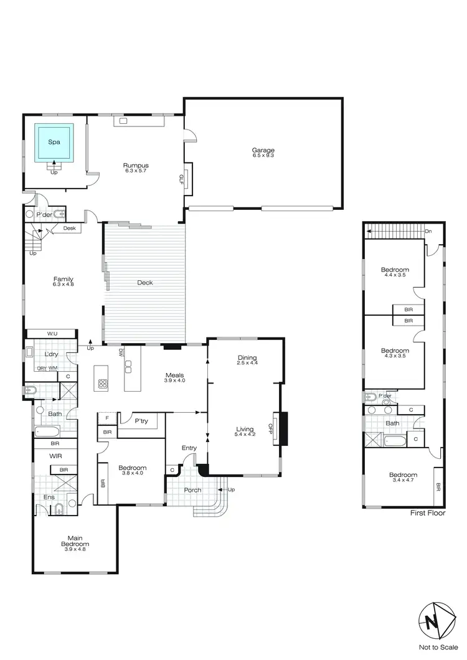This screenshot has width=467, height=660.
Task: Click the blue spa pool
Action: [x=54, y=143]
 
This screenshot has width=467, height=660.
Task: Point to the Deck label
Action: [x=144, y=283]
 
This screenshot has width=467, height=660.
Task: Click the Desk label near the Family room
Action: [x=70, y=229]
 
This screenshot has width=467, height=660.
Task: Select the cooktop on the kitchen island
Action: [x=101, y=384]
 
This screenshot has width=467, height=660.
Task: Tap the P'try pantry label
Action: [x=141, y=422]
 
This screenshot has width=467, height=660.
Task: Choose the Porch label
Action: [x=192, y=490]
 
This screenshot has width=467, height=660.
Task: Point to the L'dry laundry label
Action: [x=51, y=354]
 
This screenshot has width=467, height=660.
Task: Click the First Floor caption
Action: [x=426, y=514]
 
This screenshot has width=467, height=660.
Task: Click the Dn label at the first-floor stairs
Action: [x=428, y=232]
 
